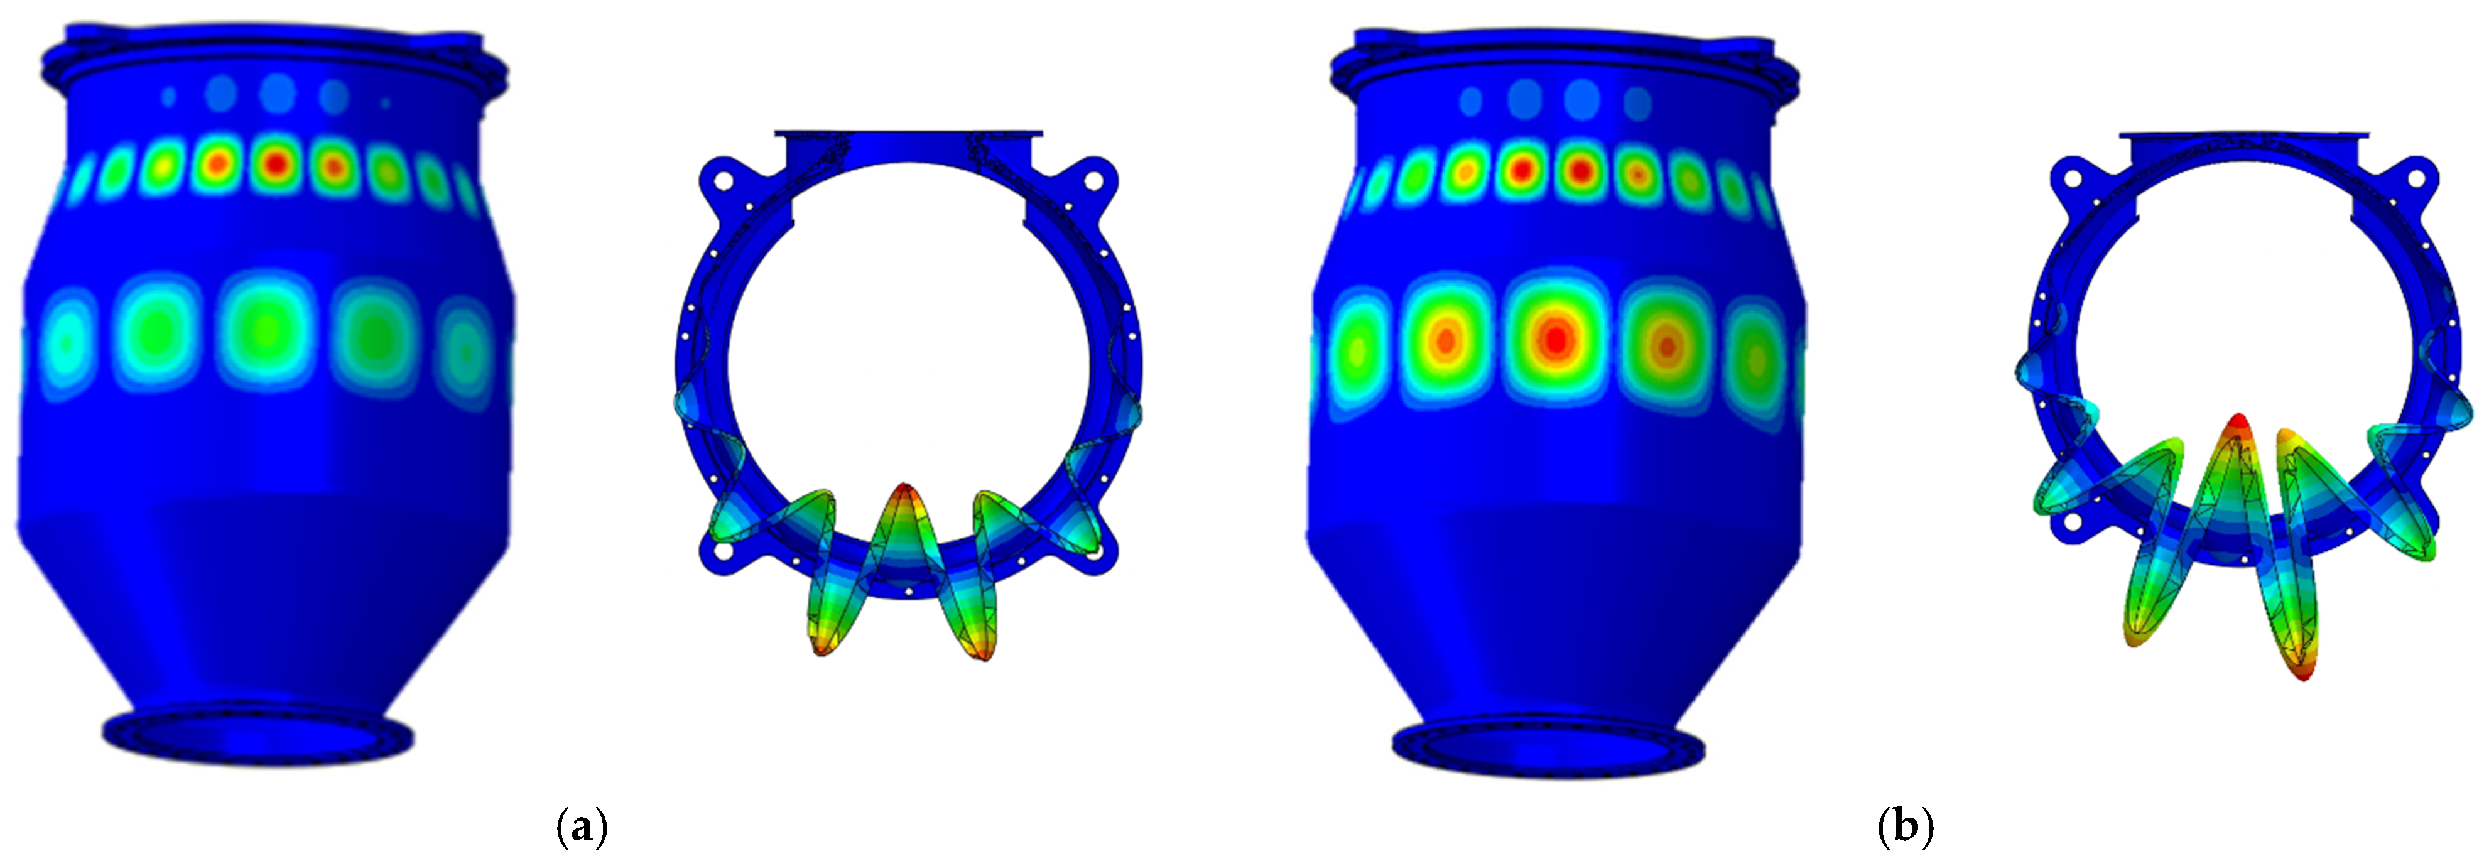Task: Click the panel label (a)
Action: click(x=583, y=827)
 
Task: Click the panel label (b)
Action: click(x=1906, y=827)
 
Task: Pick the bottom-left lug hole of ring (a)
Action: click(x=721, y=553)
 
